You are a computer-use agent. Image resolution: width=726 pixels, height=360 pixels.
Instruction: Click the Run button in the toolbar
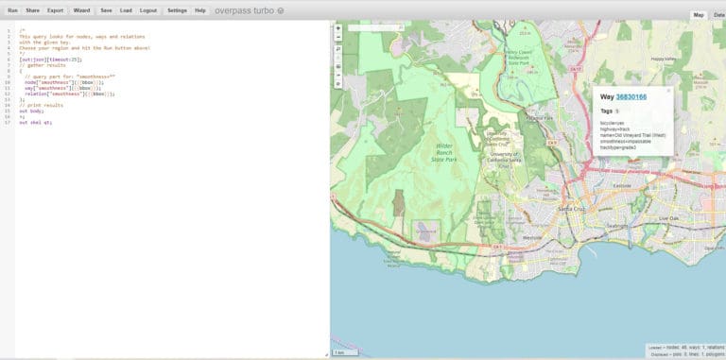11,9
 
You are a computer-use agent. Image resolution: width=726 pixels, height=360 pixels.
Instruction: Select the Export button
55,9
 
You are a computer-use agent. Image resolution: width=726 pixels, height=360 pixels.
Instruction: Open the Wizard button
81,9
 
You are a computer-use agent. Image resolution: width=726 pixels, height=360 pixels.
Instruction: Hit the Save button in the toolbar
106,9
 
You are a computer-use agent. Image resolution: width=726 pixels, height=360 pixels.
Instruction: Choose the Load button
126,9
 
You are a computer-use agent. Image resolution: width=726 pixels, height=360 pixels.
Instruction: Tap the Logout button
148,9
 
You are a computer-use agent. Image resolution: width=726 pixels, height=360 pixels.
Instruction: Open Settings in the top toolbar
177,9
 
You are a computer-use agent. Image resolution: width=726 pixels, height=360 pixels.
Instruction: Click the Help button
199,9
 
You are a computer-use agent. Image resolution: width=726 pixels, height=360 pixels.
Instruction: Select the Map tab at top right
699,15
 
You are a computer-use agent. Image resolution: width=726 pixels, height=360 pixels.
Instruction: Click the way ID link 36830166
631,96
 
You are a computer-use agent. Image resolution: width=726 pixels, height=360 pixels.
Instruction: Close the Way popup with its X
668,91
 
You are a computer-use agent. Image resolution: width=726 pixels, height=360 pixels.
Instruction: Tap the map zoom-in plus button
338,28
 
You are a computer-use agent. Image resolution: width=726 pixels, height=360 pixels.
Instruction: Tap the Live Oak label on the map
669,218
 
